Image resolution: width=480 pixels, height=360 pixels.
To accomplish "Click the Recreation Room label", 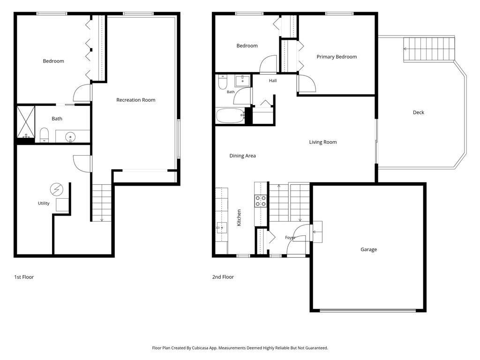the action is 135,100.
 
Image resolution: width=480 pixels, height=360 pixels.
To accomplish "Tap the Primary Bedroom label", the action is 337,57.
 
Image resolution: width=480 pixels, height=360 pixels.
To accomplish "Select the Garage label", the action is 368,249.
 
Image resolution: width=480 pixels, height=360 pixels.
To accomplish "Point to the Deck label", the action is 419,112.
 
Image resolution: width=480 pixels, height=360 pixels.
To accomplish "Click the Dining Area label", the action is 242,156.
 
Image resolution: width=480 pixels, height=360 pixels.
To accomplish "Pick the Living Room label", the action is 322,142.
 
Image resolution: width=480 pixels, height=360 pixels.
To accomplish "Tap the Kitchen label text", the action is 239,217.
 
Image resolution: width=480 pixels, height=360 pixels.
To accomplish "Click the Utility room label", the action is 44,203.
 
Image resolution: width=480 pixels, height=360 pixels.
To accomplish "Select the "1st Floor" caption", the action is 24,277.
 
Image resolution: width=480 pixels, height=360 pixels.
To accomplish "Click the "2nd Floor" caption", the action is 223,277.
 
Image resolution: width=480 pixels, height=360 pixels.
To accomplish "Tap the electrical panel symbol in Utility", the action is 57,189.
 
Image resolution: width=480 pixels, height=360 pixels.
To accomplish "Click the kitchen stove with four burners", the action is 261,201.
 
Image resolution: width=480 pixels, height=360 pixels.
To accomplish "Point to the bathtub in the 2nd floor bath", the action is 230,115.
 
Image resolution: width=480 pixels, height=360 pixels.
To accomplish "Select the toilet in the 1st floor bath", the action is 45,135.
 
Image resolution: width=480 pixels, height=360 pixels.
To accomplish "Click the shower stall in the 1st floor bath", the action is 26,122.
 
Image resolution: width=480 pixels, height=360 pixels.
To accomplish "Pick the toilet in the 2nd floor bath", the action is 223,82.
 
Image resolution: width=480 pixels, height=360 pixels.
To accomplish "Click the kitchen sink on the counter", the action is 222,228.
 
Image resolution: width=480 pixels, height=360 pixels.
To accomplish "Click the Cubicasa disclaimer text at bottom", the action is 240,348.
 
